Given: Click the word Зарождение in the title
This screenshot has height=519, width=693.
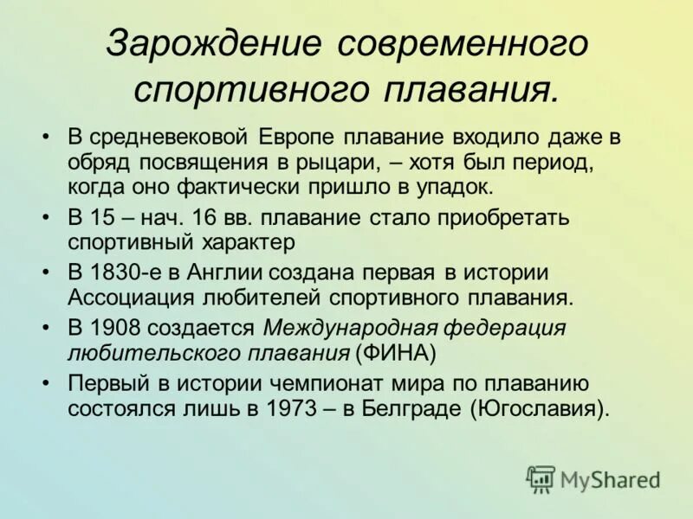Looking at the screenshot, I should (212, 44).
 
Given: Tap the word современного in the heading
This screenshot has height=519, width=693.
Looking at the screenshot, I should (463, 44).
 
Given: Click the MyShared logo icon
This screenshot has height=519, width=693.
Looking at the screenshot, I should (541, 478).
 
